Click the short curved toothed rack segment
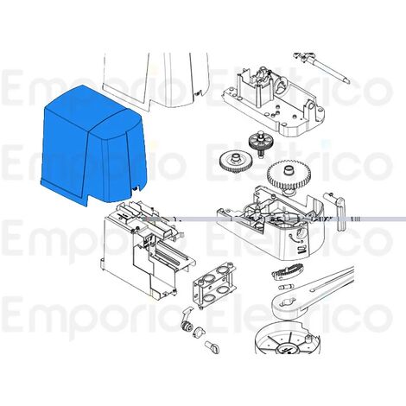coord(281,275)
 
